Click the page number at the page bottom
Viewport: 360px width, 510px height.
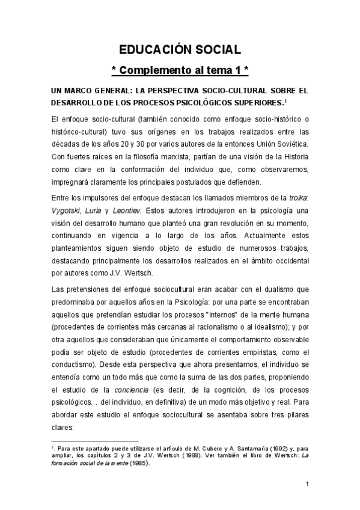(307, 485)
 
